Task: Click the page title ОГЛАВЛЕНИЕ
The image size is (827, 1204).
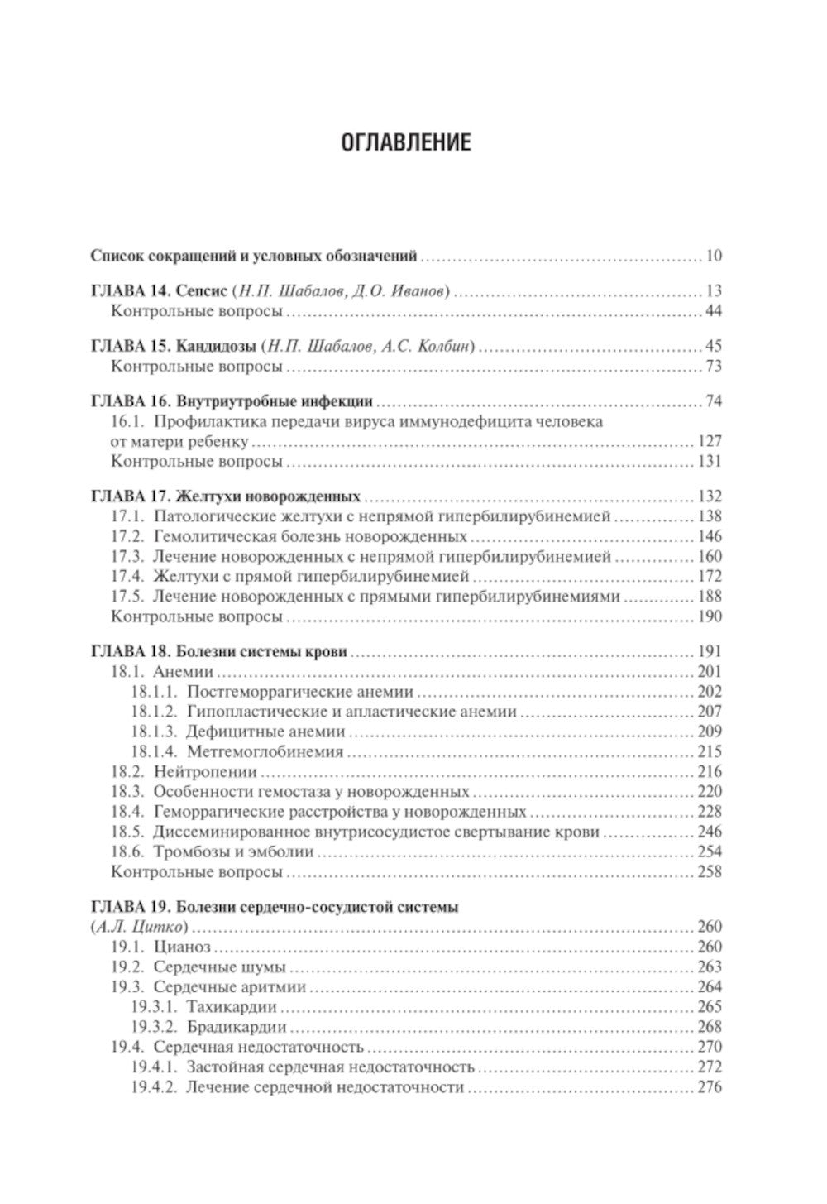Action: tap(406, 142)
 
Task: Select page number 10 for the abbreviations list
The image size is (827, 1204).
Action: tap(713, 256)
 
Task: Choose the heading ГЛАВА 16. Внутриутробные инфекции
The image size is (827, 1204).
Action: tap(231, 401)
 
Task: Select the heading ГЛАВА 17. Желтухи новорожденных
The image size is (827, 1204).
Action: tap(225, 496)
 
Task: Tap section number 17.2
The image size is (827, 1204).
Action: tap(127, 536)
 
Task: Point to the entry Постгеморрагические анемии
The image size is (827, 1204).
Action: tap(300, 692)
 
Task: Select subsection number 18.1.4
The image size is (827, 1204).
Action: tap(153, 751)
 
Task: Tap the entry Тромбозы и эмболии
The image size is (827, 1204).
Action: tap(233, 851)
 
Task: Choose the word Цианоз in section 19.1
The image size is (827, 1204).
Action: tap(182, 947)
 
